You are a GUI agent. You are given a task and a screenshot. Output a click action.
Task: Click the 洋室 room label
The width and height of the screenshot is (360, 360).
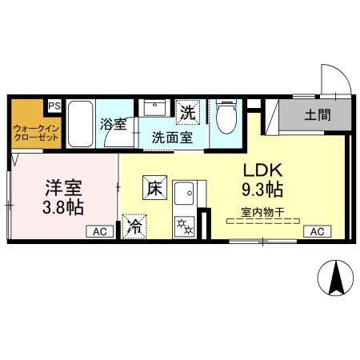62,190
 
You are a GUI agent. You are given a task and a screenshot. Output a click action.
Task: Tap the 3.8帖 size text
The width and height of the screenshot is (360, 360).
64,208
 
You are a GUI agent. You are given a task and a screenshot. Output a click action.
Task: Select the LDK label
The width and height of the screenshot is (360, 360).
261,172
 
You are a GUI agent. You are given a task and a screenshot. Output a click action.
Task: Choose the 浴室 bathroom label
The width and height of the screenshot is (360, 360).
113,125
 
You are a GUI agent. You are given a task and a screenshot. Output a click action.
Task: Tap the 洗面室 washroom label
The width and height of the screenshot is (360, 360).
172,137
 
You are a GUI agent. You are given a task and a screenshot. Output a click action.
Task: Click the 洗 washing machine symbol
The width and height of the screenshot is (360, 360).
186,114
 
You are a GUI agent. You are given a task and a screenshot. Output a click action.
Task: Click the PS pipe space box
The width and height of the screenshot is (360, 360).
54,106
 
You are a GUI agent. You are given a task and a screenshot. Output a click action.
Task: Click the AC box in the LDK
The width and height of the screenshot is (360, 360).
316,232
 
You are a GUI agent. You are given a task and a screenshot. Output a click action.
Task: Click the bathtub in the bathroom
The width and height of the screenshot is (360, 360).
81,126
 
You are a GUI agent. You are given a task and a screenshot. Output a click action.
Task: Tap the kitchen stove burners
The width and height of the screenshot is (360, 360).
186,225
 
